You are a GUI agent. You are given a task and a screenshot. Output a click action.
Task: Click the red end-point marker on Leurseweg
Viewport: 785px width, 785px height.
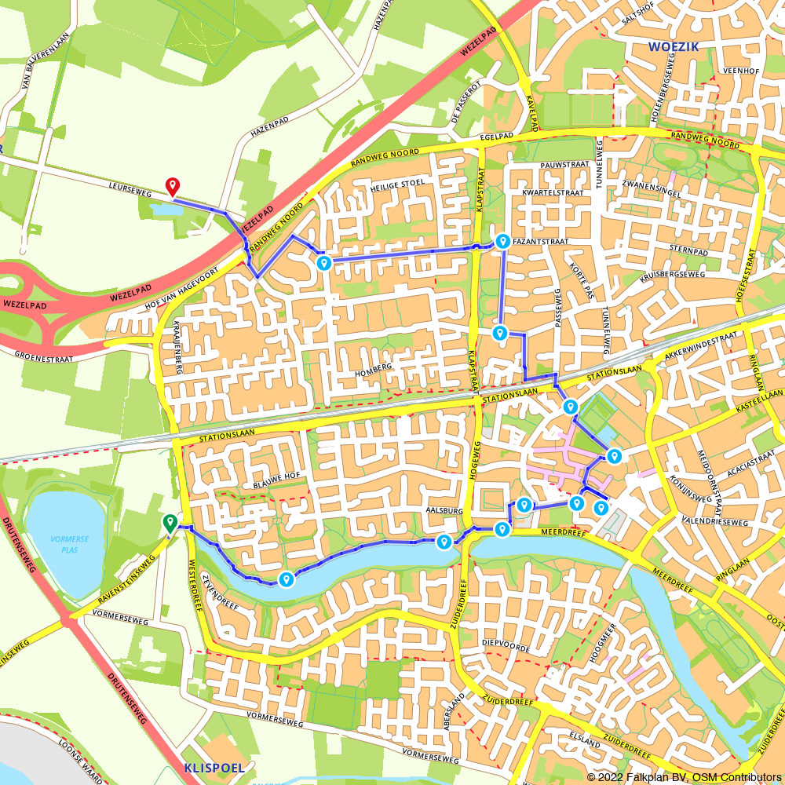[173, 186]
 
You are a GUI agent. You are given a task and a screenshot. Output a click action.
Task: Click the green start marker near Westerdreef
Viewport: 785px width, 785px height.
[170, 522]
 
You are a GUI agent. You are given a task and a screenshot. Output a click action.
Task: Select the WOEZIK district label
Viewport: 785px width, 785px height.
[673, 47]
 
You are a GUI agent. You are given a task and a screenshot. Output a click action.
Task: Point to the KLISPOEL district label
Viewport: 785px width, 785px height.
[214, 768]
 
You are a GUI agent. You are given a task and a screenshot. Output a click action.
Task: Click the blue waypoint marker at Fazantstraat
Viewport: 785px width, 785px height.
[502, 241]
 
